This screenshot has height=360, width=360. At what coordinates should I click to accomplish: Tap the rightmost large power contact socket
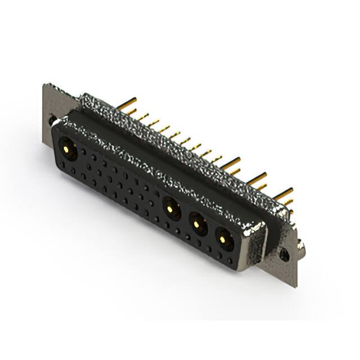(224, 240)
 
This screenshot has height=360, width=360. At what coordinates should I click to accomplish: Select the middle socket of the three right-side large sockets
(197, 224)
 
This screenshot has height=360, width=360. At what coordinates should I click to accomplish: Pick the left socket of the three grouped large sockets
(172, 209)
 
